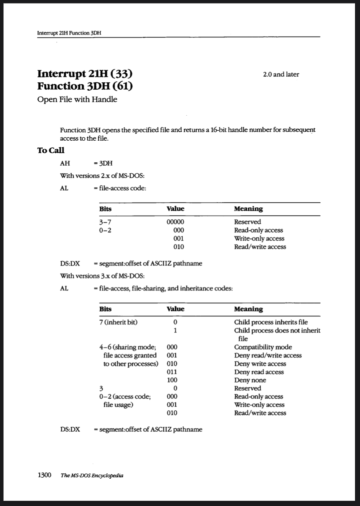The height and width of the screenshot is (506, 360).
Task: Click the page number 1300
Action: click(x=44, y=475)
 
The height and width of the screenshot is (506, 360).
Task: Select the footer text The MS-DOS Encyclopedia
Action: click(x=92, y=476)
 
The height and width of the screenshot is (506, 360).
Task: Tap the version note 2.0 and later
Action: click(x=281, y=74)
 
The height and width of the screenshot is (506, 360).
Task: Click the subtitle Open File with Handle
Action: click(x=77, y=99)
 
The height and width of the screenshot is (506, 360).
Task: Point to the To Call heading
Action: click(x=51, y=150)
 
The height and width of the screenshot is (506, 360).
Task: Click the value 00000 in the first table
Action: click(x=175, y=222)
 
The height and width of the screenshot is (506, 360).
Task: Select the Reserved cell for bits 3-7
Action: click(x=247, y=222)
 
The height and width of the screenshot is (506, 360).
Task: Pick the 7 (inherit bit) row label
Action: click(x=118, y=322)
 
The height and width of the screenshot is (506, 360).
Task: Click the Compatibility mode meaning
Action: click(x=263, y=347)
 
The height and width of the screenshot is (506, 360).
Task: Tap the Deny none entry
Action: click(x=250, y=380)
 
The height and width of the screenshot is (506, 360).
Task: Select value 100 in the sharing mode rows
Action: click(x=172, y=380)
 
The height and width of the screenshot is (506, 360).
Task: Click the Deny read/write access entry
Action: click(x=268, y=355)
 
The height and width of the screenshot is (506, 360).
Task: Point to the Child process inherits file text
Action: click(x=271, y=322)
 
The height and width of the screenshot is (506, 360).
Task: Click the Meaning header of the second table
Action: click(x=248, y=309)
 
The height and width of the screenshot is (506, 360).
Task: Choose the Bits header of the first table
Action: click(x=105, y=209)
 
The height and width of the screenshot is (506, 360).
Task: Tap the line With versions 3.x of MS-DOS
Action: click(x=102, y=276)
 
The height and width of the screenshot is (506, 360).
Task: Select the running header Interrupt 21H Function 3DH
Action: click(x=69, y=33)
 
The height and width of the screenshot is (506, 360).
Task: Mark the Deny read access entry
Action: click(x=259, y=372)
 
